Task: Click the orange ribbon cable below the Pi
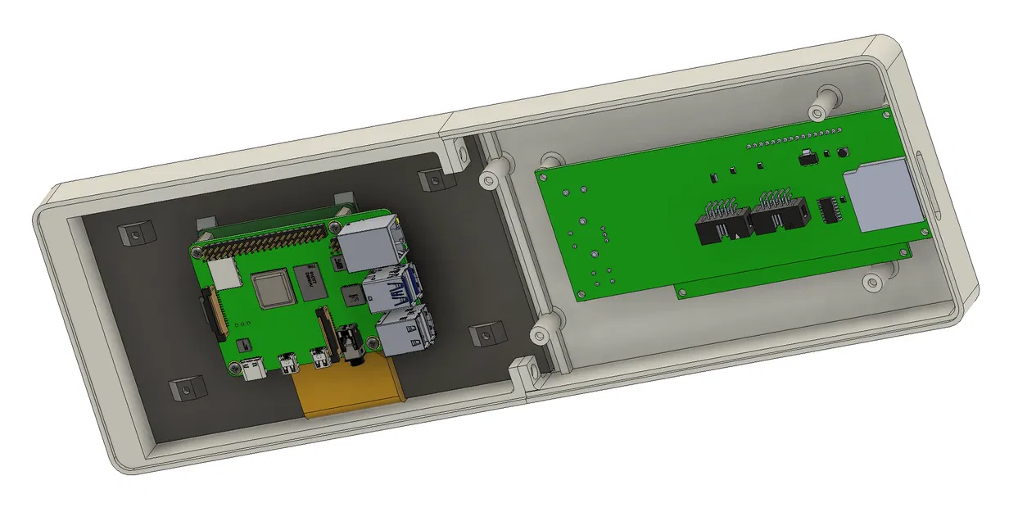(352, 393)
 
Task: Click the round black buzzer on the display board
(840, 152)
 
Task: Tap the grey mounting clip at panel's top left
(133, 233)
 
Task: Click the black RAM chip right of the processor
(310, 282)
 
